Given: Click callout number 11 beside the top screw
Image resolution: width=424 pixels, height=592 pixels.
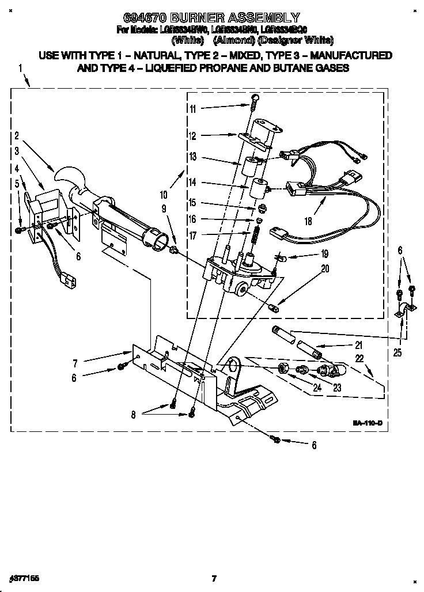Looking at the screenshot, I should pyautogui.click(x=192, y=109).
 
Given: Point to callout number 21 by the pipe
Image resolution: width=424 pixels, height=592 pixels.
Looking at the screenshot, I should pyautogui.click(x=358, y=346).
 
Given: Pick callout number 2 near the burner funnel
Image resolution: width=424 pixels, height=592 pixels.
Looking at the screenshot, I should pyautogui.click(x=17, y=136).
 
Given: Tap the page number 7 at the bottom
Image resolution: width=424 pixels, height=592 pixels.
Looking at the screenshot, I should pyautogui.click(x=213, y=578).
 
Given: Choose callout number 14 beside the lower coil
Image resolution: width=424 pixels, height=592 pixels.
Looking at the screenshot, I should pyautogui.click(x=192, y=183).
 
